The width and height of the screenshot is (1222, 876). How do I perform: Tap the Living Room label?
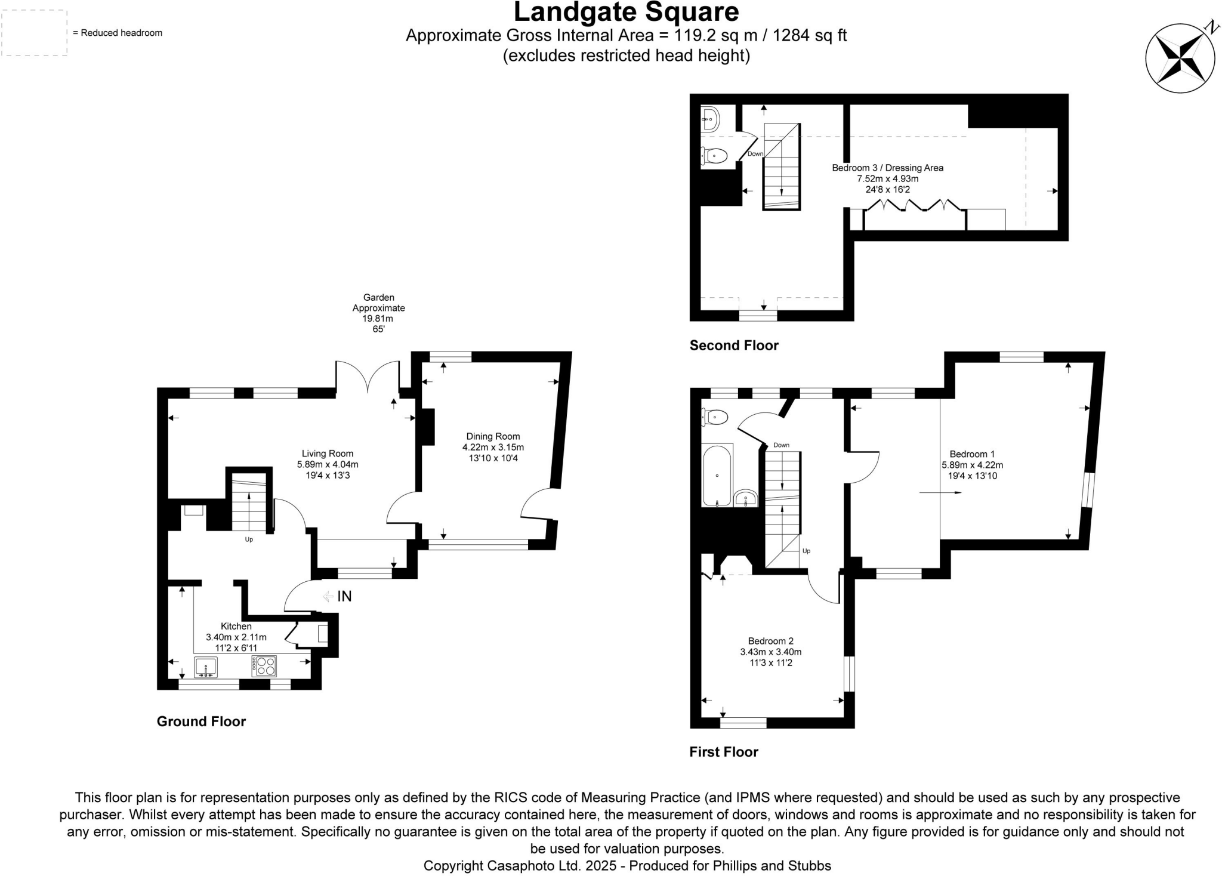click(327, 454)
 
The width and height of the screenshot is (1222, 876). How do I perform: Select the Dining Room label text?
click(493, 437)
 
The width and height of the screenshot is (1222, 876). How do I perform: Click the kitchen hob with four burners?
click(264, 666)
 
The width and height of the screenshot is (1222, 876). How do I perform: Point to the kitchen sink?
click(205, 667)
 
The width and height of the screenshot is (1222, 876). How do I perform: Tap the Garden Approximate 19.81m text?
click(378, 313)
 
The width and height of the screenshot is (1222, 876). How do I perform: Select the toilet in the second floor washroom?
click(715, 157)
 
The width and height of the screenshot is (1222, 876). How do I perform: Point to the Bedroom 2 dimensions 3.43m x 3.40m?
click(770, 652)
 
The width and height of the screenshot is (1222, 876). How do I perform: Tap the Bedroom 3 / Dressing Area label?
click(887, 168)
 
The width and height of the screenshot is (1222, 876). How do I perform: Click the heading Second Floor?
click(734, 346)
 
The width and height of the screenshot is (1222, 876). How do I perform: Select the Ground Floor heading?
click(201, 721)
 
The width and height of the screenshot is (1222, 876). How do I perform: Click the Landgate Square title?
click(626, 12)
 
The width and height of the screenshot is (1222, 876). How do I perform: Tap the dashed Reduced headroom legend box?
click(34, 33)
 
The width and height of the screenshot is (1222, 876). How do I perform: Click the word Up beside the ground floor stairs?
click(249, 539)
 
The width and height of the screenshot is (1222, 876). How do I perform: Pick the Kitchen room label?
click(236, 627)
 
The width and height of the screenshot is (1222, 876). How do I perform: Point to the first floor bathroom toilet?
click(715, 417)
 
